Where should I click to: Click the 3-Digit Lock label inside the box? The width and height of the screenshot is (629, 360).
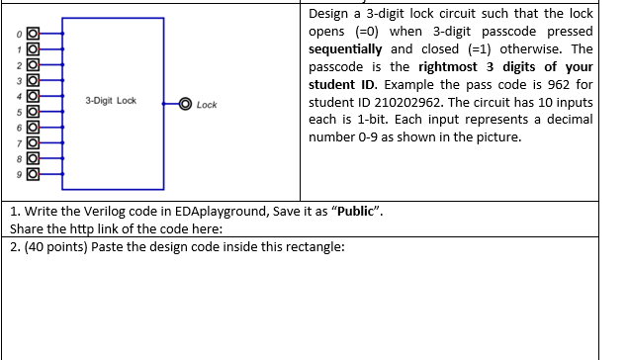(112, 102)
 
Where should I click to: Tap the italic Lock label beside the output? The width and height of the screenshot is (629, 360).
(207, 104)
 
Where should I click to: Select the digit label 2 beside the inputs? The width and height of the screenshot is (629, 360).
(18, 65)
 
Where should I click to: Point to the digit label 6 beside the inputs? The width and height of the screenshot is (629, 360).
(18, 128)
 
